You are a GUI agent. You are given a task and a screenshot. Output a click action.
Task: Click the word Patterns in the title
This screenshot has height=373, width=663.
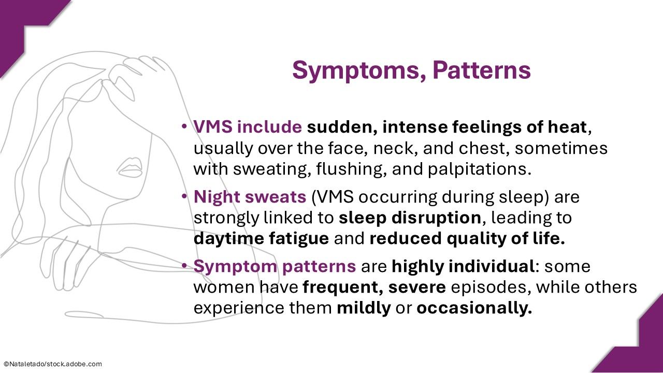pos(482,70)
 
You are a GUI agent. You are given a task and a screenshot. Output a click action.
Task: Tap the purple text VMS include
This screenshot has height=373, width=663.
pos(248,127)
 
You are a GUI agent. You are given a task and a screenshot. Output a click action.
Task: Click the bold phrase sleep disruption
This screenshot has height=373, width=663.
pos(410,218)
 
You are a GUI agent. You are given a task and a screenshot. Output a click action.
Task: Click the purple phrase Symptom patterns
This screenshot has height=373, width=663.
pos(275,266)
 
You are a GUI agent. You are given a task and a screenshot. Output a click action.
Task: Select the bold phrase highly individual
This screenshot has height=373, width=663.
pos(463,266)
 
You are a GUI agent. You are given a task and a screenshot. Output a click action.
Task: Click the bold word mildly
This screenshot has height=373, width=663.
pos(364,308)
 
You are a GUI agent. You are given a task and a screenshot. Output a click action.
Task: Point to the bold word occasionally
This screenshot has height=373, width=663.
pos(474,308)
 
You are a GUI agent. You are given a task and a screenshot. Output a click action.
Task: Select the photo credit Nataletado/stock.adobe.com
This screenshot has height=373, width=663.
pos(52,364)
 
